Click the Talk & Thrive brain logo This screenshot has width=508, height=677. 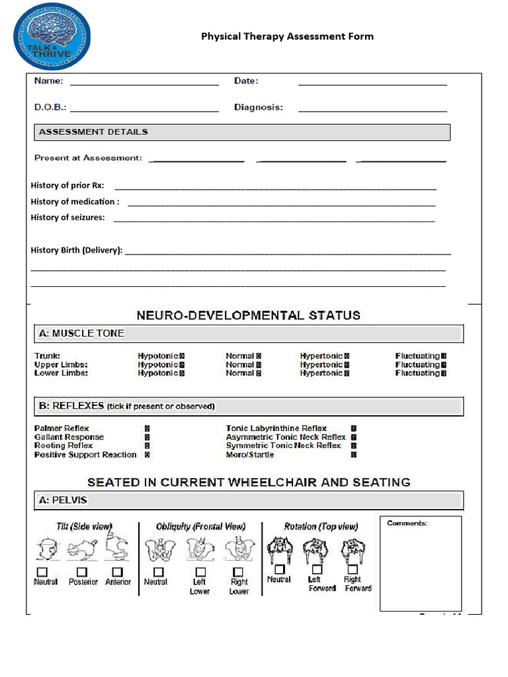coord(52,36)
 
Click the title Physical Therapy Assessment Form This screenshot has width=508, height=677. coord(287,36)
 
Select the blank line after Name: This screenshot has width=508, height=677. coord(144,83)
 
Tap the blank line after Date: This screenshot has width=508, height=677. coord(372,83)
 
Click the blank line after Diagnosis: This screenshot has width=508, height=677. coord(372,110)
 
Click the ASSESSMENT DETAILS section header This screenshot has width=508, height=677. coord(93,132)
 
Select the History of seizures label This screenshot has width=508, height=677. coord(67,218)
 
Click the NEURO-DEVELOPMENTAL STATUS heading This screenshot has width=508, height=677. coord(248,315)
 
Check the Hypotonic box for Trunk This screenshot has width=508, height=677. coord(182,356)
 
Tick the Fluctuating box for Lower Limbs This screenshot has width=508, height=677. coord(444,374)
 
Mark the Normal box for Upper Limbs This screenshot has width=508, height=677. coord(259,365)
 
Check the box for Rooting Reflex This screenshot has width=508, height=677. coord(147,446)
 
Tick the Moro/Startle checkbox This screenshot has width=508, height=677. coord(354,455)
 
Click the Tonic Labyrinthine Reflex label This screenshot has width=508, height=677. coord(276,428)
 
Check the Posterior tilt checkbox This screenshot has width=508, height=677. coord(82,572)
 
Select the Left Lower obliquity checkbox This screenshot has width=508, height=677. coord(200,572)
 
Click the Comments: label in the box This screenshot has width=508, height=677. coord(407,523)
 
